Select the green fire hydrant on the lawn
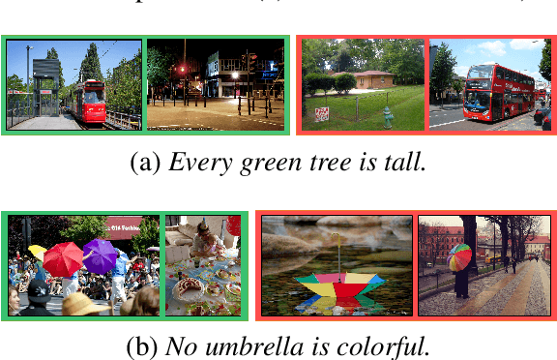point(388,117)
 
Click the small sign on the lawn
point(322,113)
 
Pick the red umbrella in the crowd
point(64,257)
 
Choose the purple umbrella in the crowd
point(100,255)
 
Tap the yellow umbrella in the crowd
point(37,252)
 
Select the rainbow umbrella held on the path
point(459,257)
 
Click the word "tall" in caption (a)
point(403,162)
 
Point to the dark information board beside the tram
point(44,70)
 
